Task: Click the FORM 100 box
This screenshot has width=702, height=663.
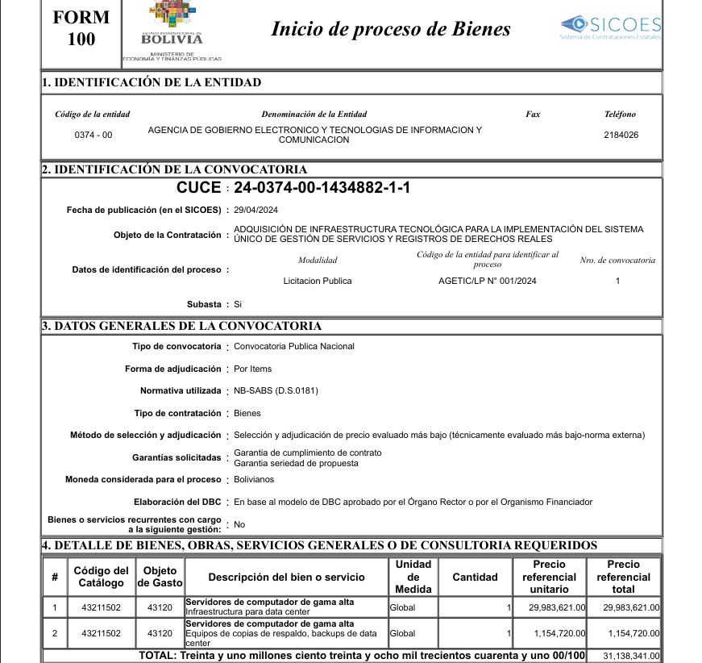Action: coord(81,29)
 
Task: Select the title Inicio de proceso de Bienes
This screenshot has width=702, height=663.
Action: coord(390,30)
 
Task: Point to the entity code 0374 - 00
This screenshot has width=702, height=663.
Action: coord(93,135)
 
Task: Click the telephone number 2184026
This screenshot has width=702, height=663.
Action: coord(621,135)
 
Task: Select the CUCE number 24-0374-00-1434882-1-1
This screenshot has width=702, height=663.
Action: coord(322,188)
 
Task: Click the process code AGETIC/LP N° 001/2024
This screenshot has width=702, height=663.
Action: coord(487,281)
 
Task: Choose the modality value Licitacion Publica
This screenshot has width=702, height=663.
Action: coord(318,281)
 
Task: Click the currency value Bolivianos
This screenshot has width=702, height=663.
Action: coord(254,479)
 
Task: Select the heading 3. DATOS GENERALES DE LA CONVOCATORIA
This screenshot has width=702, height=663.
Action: coord(182,326)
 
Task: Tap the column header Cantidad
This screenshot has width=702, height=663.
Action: coord(475,577)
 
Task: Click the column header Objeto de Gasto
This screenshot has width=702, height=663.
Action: coord(160,577)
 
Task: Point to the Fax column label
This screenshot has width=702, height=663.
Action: coord(533,115)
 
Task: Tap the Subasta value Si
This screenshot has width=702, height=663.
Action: coord(238,304)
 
